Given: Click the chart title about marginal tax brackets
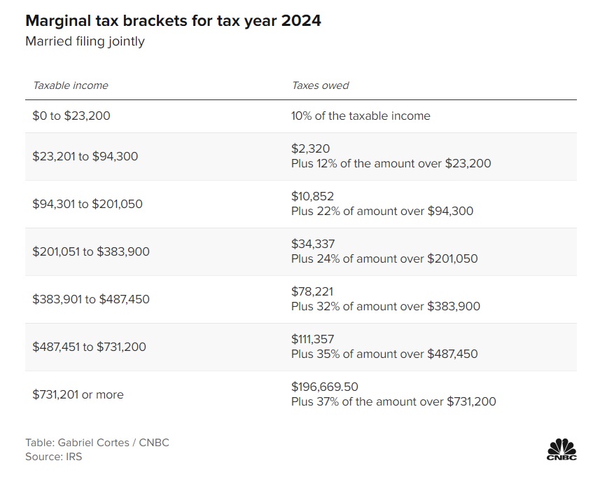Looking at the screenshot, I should (x=173, y=20).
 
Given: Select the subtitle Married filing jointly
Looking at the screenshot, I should (x=85, y=41).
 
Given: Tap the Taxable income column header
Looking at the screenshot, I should (x=71, y=85).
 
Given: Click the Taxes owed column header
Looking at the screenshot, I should (x=320, y=85).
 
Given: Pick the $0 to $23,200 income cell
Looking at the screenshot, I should (x=71, y=116).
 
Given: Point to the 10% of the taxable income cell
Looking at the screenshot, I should (x=361, y=116).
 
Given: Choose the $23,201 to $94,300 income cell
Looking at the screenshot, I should (x=85, y=156).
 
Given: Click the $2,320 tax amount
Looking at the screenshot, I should (x=310, y=148).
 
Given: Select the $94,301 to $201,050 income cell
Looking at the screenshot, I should (x=88, y=204).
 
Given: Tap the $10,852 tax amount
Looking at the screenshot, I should (x=313, y=196).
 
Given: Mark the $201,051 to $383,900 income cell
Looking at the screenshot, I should (x=91, y=251).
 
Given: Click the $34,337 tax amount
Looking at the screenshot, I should (x=313, y=244).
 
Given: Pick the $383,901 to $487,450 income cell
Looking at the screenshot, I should (x=91, y=299).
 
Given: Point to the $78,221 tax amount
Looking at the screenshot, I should (x=312, y=291).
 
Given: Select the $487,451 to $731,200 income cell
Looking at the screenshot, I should (x=90, y=347).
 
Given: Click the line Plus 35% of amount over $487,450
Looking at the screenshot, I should (x=384, y=354).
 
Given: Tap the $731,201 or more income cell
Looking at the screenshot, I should (x=78, y=394).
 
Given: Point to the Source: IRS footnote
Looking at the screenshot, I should (x=54, y=457).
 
